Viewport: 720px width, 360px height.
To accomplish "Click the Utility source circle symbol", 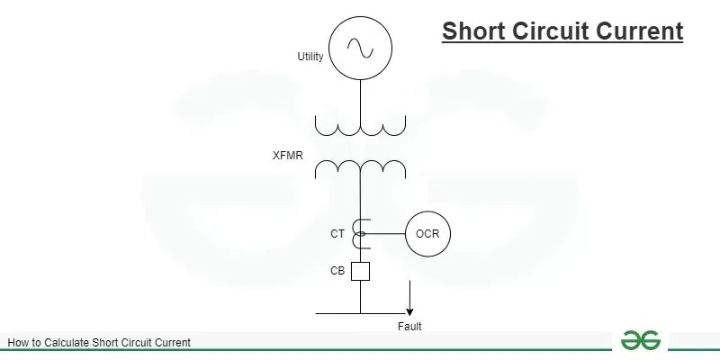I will (x=360, y=47).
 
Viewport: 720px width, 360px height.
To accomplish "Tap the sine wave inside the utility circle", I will (x=360, y=47).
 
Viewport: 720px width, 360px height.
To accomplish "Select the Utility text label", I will (x=310, y=57).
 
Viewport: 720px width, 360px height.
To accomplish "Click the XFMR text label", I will (x=288, y=156).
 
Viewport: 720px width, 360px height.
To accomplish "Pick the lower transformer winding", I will (x=360, y=167).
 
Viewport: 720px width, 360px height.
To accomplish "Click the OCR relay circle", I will (x=427, y=234).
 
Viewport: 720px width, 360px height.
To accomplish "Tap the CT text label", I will (x=337, y=234).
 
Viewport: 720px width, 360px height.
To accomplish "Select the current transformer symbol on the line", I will (x=360, y=234).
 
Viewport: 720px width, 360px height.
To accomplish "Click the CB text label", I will (x=337, y=270).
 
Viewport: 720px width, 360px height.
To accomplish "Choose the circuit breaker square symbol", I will (x=360, y=270).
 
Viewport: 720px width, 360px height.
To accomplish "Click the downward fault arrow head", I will (x=409, y=310).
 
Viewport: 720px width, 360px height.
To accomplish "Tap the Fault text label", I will (x=409, y=327).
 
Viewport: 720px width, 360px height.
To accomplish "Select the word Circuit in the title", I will (x=550, y=31).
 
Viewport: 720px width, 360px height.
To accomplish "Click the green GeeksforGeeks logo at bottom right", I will (x=641, y=340).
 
